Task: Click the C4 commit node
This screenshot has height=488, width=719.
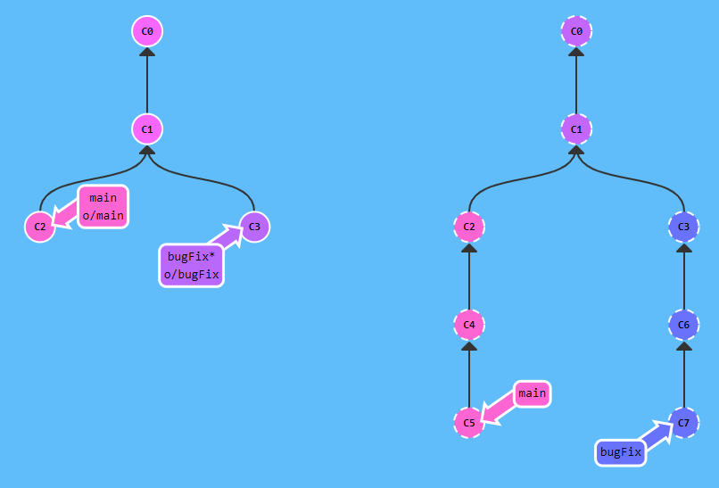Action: [469, 325]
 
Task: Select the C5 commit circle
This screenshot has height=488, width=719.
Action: [469, 422]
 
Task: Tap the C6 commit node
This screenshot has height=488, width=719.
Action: [683, 325]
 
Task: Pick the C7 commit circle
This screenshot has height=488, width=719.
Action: [683, 422]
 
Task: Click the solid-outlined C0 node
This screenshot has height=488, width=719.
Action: [147, 32]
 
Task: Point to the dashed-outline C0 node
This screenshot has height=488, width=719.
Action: [576, 32]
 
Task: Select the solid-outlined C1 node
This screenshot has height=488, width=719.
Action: [147, 129]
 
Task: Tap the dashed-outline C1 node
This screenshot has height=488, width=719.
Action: [576, 129]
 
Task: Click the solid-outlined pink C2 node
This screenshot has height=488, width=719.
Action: [40, 227]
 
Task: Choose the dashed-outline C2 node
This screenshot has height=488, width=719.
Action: [469, 227]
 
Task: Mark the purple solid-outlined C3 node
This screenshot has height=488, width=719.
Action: [254, 227]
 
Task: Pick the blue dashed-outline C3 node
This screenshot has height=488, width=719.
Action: [683, 227]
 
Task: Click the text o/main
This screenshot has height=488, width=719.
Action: [103, 216]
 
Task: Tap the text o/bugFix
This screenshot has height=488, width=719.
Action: [191, 274]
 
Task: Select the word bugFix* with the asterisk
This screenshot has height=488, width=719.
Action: [191, 257]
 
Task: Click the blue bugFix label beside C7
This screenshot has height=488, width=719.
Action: [621, 452]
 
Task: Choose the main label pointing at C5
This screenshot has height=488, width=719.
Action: [532, 393]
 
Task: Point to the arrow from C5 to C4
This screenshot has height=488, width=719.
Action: [469, 374]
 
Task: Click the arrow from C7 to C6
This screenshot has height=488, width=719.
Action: [683, 374]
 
